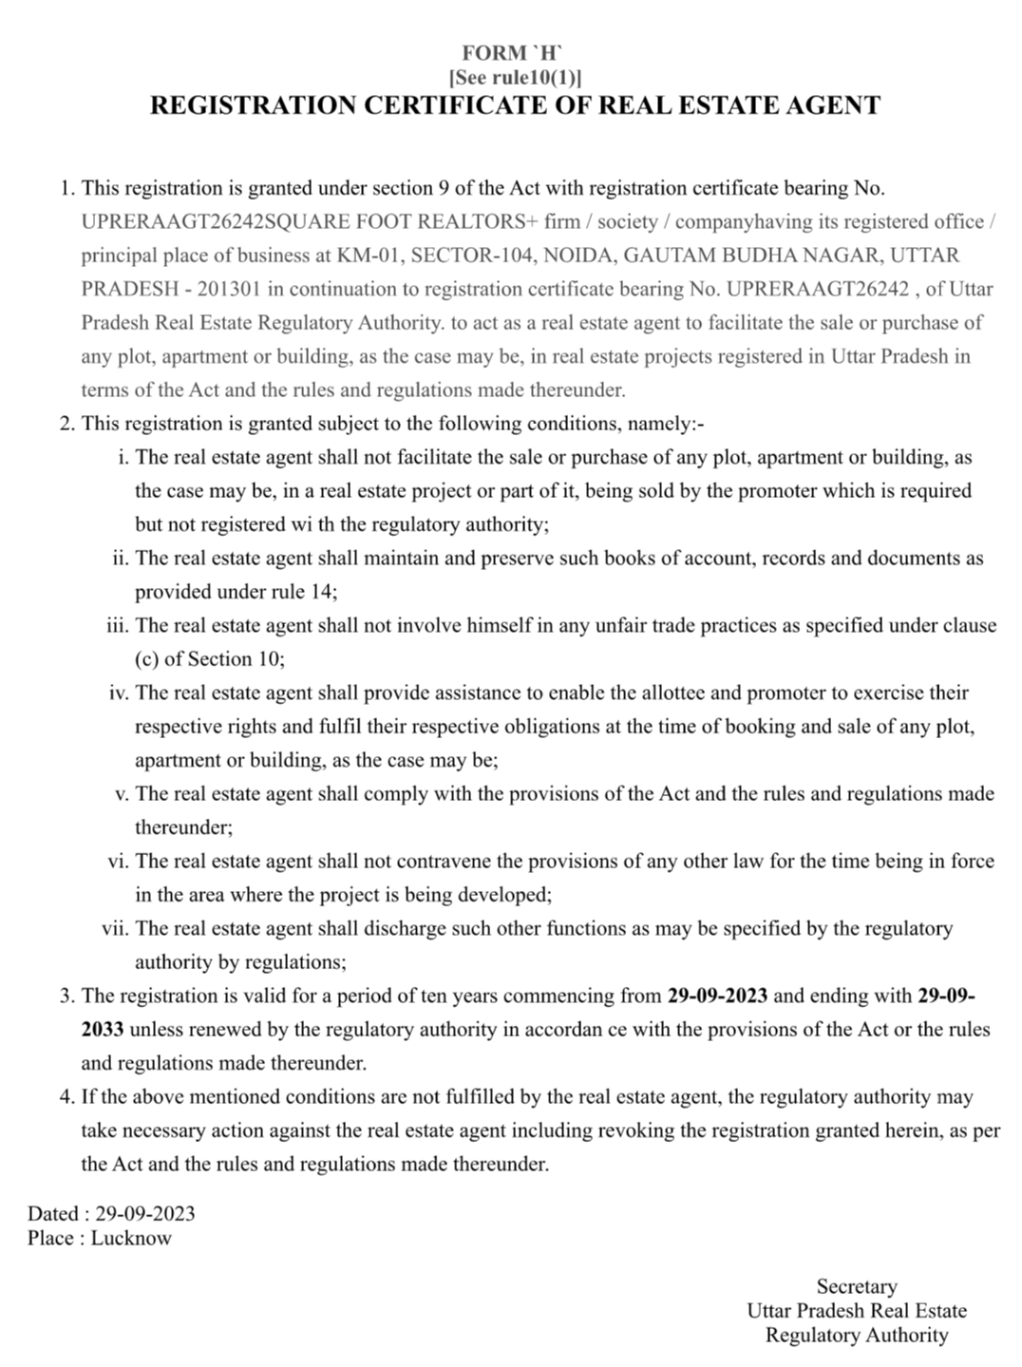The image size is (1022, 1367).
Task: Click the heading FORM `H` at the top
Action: tap(514, 53)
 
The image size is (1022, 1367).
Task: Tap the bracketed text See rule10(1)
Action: tap(515, 78)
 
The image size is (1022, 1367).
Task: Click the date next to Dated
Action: tap(145, 1214)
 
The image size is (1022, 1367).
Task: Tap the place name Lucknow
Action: tap(131, 1239)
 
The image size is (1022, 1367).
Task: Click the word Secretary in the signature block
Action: tap(857, 1287)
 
